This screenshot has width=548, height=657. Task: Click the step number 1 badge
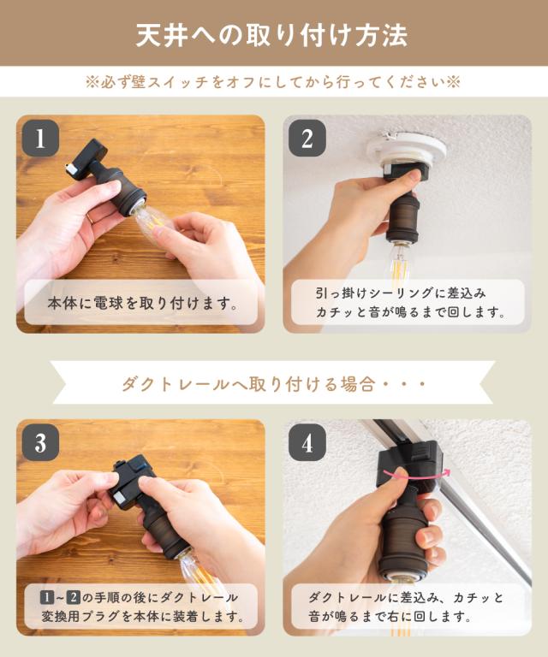[40, 139]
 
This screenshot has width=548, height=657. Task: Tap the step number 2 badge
[307, 139]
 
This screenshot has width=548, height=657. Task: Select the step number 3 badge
[40, 442]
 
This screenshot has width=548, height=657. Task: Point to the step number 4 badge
[307, 442]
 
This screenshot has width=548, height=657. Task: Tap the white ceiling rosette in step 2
[406, 149]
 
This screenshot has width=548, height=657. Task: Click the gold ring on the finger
[89, 218]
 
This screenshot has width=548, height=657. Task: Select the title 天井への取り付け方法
[272, 34]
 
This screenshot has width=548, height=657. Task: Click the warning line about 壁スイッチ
[273, 82]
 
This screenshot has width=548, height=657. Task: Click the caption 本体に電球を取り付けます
[142, 303]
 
